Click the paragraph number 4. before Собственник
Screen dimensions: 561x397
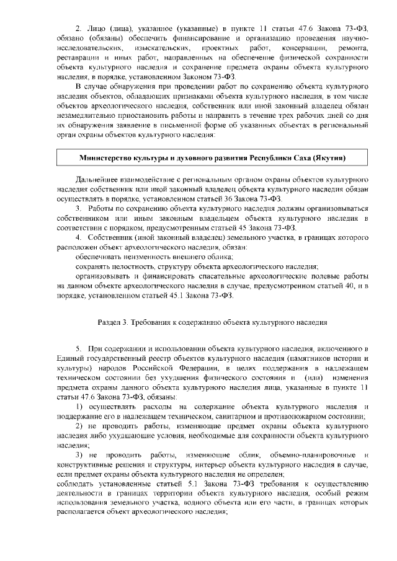coord(79,237)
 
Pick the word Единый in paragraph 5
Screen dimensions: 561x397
coord(68,358)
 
